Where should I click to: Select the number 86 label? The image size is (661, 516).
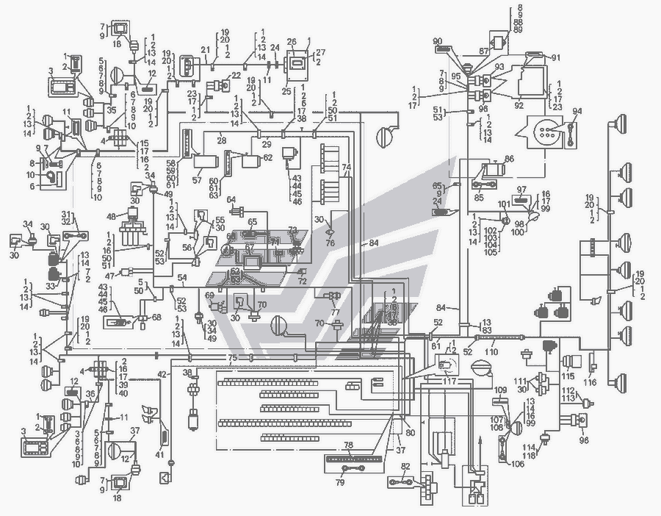[x=509, y=158]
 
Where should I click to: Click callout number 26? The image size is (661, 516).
[x=291, y=41]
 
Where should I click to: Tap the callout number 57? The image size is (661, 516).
[x=197, y=179]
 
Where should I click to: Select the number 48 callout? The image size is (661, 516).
[x=112, y=216]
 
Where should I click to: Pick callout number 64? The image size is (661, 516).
[x=231, y=199]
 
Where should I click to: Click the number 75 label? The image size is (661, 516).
[x=232, y=357]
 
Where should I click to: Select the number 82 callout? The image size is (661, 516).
[x=405, y=466]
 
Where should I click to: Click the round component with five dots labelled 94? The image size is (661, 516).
[x=546, y=132]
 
